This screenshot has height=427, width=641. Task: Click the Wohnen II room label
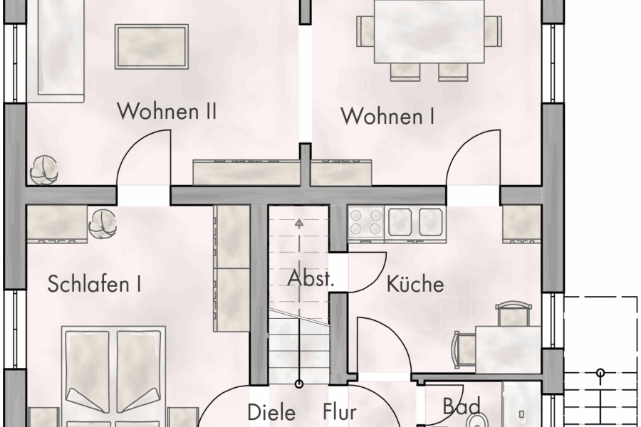[x=167, y=111]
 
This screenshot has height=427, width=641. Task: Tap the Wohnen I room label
[x=387, y=115]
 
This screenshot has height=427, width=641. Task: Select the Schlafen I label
[x=94, y=285]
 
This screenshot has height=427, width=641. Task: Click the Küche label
[x=415, y=285]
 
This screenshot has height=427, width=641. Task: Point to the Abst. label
[x=310, y=279]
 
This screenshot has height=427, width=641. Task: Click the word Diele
[x=271, y=412]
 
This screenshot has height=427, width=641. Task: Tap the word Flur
[x=339, y=412]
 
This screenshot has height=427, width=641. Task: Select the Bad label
[x=457, y=406]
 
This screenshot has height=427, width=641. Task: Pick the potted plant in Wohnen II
[x=45, y=169]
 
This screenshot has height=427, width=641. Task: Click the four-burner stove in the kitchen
[x=366, y=221]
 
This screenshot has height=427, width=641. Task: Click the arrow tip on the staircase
[x=299, y=222]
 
